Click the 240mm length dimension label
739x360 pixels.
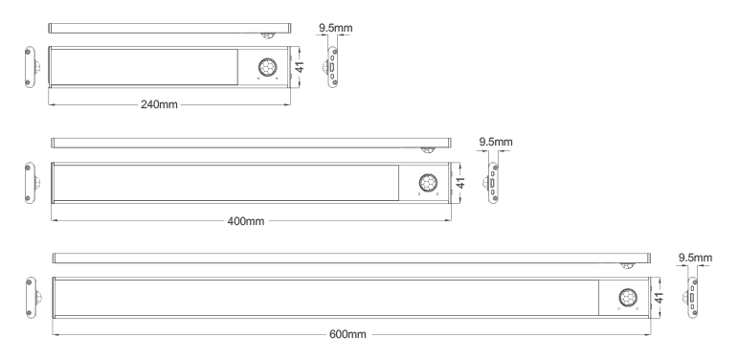(x=159, y=104)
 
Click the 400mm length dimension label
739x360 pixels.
(x=246, y=221)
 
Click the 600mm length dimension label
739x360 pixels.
(x=347, y=334)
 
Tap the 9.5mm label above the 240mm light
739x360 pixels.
(x=335, y=28)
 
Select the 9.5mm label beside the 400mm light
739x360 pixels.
(x=496, y=142)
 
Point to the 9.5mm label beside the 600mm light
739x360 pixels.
(x=695, y=258)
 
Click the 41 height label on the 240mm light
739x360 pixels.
(x=300, y=66)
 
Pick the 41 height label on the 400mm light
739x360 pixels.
(x=461, y=182)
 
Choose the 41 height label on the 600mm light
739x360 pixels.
(x=659, y=298)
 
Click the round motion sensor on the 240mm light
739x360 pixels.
(x=267, y=67)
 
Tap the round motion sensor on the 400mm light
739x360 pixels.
(x=428, y=183)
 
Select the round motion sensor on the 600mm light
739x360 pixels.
(x=628, y=298)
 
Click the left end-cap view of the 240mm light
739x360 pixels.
(x=31, y=67)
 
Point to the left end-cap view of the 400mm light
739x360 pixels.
(x=31, y=183)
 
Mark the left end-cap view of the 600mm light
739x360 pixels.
(x=32, y=298)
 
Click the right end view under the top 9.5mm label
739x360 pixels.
(x=331, y=67)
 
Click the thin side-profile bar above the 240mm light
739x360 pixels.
(x=169, y=29)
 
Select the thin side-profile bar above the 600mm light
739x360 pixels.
(x=351, y=259)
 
